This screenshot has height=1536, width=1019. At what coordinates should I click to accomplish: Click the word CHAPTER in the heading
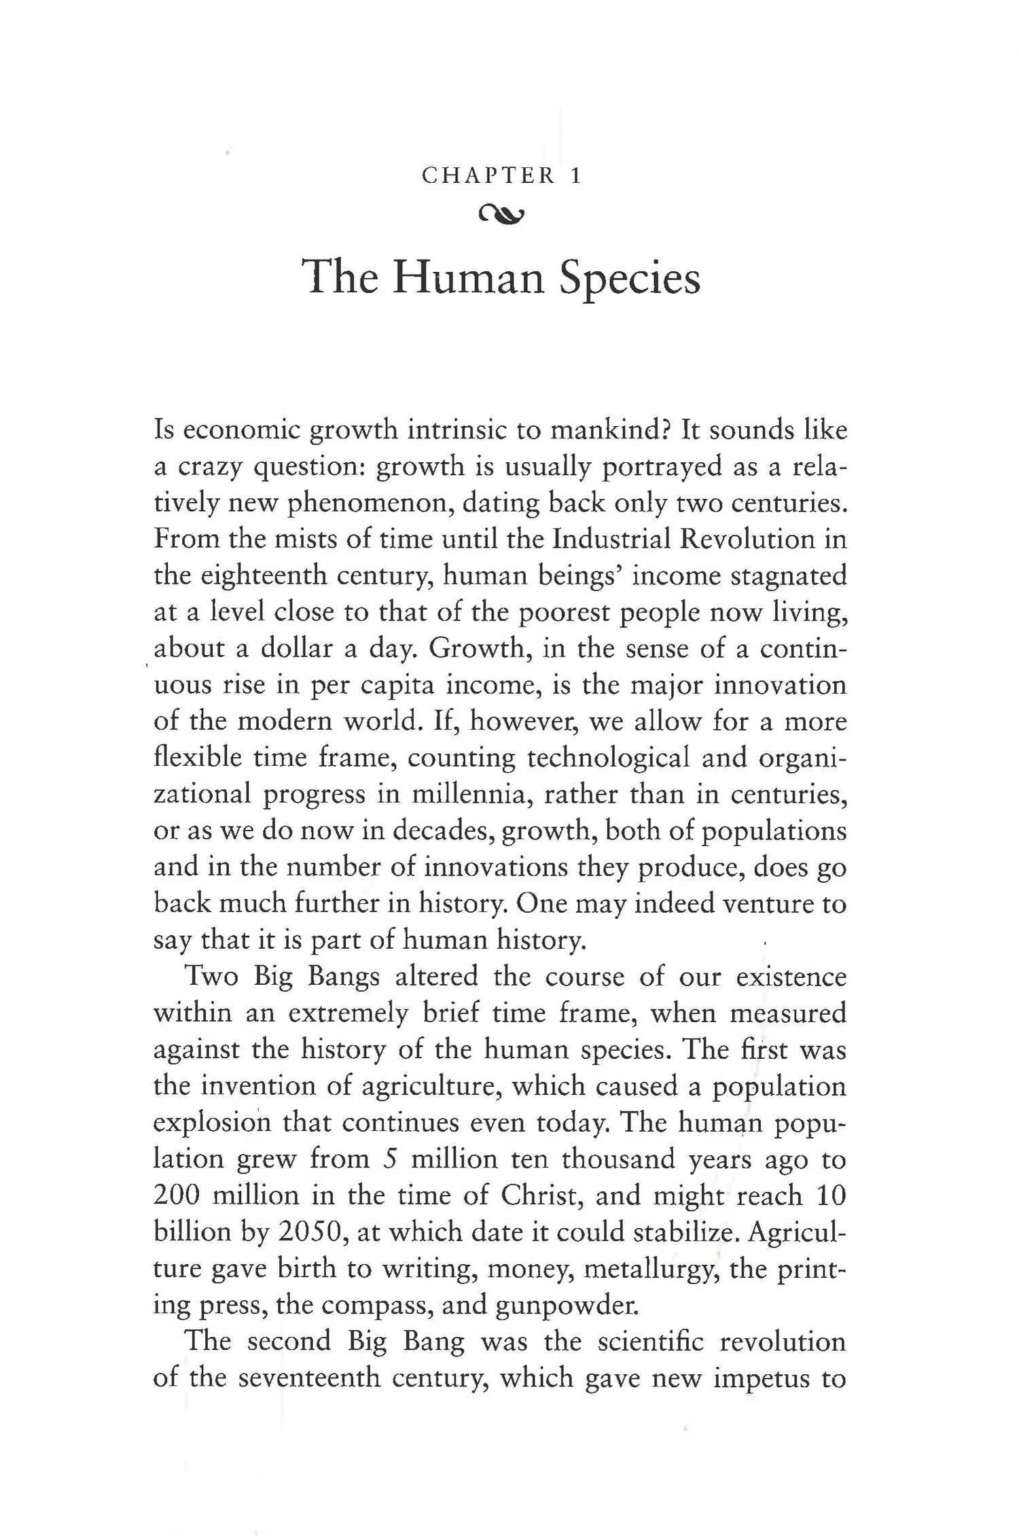488,177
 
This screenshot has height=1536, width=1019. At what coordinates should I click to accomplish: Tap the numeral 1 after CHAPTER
577,177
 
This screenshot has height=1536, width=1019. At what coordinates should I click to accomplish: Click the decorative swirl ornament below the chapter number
501,215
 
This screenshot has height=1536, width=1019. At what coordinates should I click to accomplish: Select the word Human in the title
468,279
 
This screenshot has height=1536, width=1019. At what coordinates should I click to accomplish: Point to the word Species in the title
629,279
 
